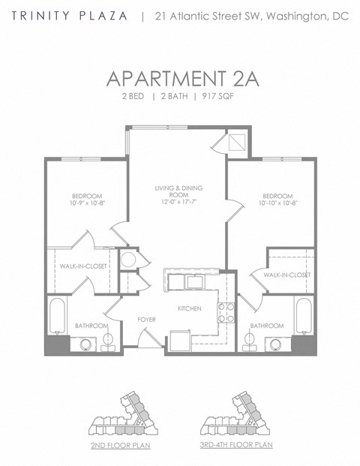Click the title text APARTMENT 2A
tap(182, 79)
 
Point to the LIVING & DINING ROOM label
tap(178, 191)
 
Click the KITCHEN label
tap(189, 308)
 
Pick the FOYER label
tap(146, 320)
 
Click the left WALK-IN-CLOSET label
tap(82, 266)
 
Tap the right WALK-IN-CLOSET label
tap(286, 275)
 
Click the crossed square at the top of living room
tap(234, 142)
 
